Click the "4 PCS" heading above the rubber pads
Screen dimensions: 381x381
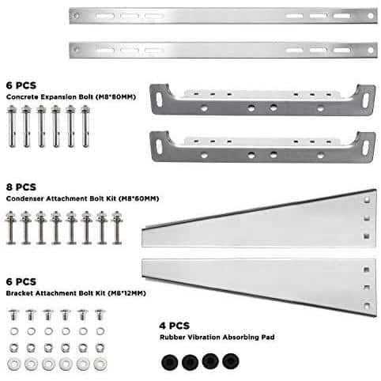pyautogui.click(x=174, y=326)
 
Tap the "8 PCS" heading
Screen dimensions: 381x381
pyautogui.click(x=21, y=187)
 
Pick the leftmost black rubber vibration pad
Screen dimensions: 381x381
pyautogui.click(x=170, y=363)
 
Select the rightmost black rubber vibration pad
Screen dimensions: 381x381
pyautogui.click(x=231, y=361)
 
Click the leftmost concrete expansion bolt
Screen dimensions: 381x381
pyautogui.click(x=12, y=126)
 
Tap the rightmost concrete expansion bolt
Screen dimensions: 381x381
pyautogui.click(x=85, y=126)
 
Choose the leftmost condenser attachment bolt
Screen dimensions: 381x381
pyautogui.click(x=11, y=228)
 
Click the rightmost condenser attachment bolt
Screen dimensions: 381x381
pyautogui.click(x=117, y=228)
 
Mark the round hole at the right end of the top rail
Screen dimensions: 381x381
pyautogui.click(x=371, y=16)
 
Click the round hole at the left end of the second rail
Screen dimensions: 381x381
pyautogui.click(x=76, y=49)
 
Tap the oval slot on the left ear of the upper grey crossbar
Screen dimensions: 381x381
pyautogui.click(x=160, y=100)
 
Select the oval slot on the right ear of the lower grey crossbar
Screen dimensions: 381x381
pyautogui.click(x=366, y=148)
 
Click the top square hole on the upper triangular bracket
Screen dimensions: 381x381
pyautogui.click(x=367, y=200)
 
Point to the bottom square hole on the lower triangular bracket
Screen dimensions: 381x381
pyautogui.click(x=367, y=306)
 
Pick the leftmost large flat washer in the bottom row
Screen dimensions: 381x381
pyautogui.click(x=13, y=364)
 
